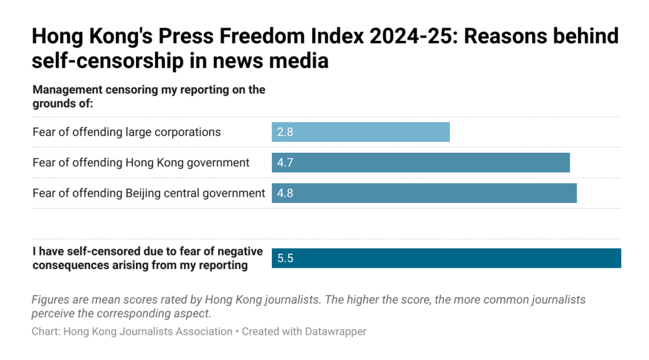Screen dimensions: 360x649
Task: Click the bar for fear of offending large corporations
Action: [360, 132]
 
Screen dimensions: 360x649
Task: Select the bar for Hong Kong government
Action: [420, 163]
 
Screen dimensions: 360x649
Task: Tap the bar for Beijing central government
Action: [424, 193]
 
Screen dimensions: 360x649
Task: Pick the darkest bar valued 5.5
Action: [446, 258]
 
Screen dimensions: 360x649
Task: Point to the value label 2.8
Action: [285, 132]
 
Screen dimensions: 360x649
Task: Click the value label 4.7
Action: [285, 163]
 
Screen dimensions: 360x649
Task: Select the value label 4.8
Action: [285, 193]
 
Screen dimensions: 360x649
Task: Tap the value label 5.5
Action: [285, 258]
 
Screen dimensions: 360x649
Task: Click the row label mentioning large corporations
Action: [127, 132]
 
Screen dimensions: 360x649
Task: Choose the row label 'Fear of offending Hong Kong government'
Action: [141, 163]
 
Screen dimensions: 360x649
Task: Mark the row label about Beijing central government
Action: [149, 193]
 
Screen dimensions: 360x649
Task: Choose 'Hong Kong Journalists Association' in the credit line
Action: [148, 332]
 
